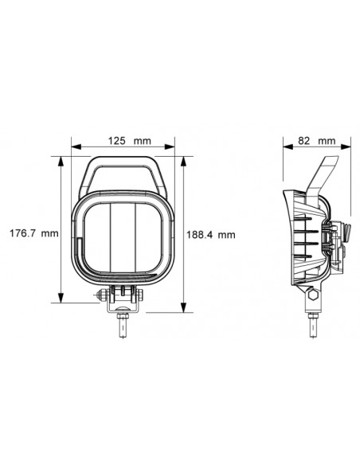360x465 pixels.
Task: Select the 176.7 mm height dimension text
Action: point(33,234)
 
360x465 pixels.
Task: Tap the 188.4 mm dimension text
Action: point(210,234)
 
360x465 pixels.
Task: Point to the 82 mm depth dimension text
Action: point(316,140)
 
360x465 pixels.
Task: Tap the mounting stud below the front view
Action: point(123,326)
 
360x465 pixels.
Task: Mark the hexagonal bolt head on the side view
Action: point(313,297)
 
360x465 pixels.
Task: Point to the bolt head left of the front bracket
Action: point(101,295)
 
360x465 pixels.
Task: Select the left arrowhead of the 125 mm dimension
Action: point(75,147)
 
